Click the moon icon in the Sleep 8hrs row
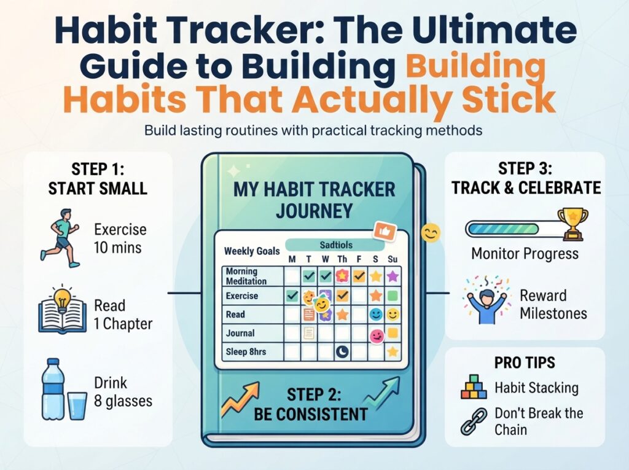[x=342, y=352]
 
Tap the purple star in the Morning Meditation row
[x=393, y=276]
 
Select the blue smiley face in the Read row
[x=376, y=314]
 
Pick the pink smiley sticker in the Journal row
[x=377, y=335]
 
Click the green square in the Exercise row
[x=393, y=296]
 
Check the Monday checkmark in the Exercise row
[x=292, y=296]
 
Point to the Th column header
[x=342, y=259]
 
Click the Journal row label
[x=240, y=333]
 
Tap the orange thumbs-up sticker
[x=385, y=232]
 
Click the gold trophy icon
[x=573, y=223]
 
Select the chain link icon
[x=474, y=421]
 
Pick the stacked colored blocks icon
[x=474, y=386]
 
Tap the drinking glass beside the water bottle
[x=77, y=405]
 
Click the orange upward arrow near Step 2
[x=241, y=399]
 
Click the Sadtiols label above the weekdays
[x=336, y=245]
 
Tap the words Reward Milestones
[x=553, y=304]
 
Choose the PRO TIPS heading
[x=525, y=362]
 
